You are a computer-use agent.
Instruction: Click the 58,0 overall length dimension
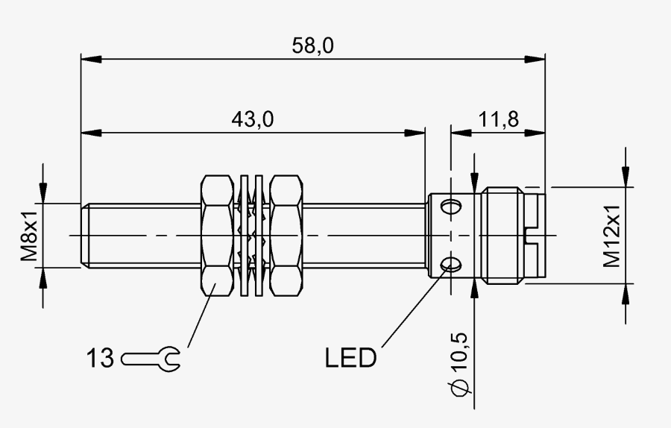click(x=312, y=45)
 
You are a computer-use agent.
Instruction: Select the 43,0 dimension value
click(x=253, y=119)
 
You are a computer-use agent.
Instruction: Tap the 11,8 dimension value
click(x=498, y=119)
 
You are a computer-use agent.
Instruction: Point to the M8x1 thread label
click(x=30, y=236)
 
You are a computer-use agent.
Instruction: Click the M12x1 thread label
click(x=611, y=236)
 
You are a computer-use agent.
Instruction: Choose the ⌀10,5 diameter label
click(x=458, y=364)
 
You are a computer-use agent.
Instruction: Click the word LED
click(x=350, y=358)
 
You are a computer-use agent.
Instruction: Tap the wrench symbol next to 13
click(x=151, y=359)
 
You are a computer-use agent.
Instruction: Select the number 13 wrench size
click(x=101, y=358)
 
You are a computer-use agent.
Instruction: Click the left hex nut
click(x=218, y=236)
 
